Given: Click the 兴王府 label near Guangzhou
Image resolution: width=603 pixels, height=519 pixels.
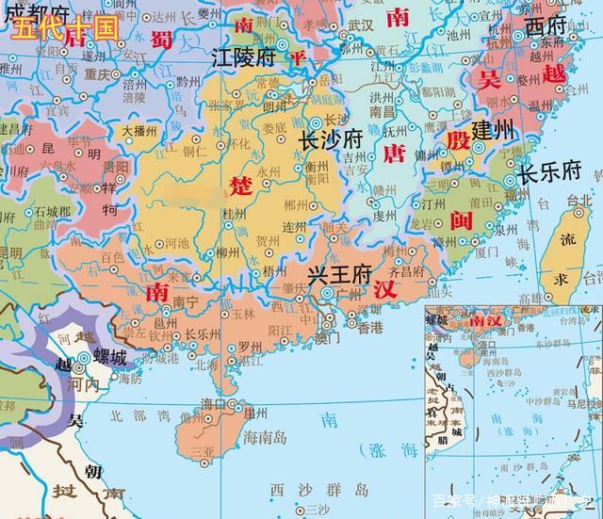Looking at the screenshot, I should pos(340,276).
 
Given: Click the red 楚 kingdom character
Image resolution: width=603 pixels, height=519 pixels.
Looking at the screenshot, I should pos(237,187).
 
